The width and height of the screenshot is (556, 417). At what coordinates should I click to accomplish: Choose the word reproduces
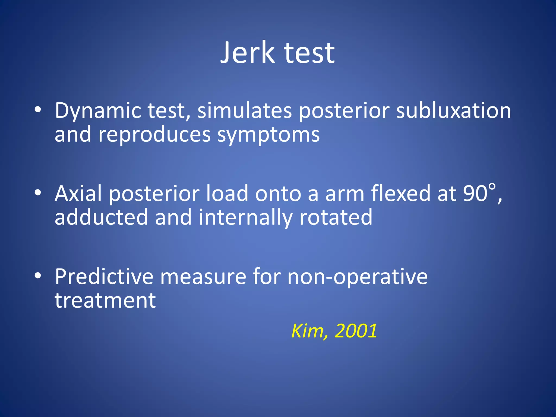coord(154,135)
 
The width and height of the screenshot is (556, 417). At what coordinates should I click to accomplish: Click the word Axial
coord(78,193)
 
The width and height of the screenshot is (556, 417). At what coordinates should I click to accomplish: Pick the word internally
coord(245,218)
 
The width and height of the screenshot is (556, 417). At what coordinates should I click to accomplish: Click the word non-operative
coord(357,277)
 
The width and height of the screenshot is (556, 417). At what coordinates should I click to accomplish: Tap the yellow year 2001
coord(356,331)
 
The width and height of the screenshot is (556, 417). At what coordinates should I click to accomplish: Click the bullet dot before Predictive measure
coord(38,276)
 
